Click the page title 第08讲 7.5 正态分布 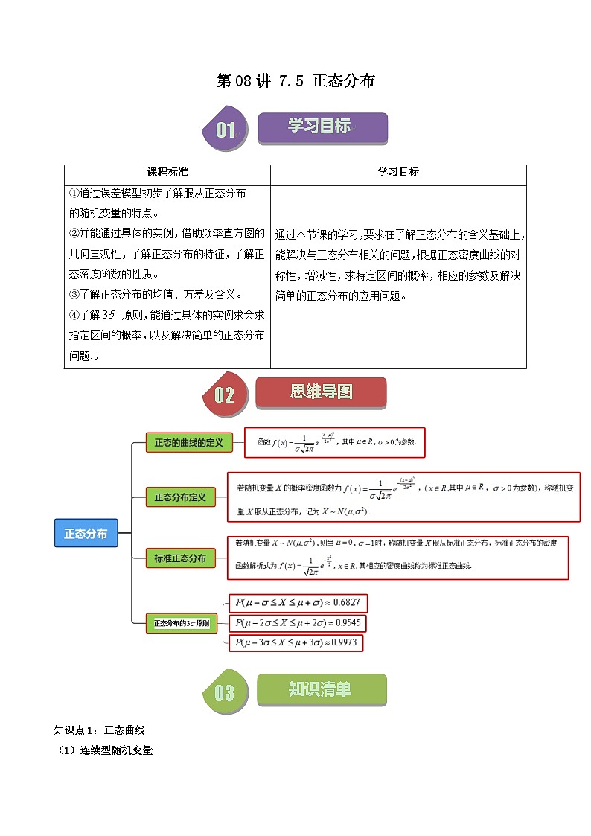pyautogui.click(x=295, y=81)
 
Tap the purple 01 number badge pyautogui.click(x=225, y=130)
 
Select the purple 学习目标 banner pyautogui.click(x=322, y=127)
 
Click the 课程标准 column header pyautogui.click(x=167, y=172)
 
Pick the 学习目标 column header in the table pyautogui.click(x=398, y=172)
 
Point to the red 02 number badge pyautogui.click(x=224, y=395)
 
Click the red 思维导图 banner pyautogui.click(x=321, y=392)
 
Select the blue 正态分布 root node pyautogui.click(x=86, y=534)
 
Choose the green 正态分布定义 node pyautogui.click(x=179, y=497)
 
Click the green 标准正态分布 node pyautogui.click(x=179, y=558)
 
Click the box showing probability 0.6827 pyautogui.click(x=298, y=602)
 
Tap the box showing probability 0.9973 pyautogui.click(x=297, y=642)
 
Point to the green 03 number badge pyautogui.click(x=224, y=693)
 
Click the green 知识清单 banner pyautogui.click(x=321, y=690)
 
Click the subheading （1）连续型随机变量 pyautogui.click(x=106, y=750)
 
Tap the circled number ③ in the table pyautogui.click(x=74, y=294)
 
